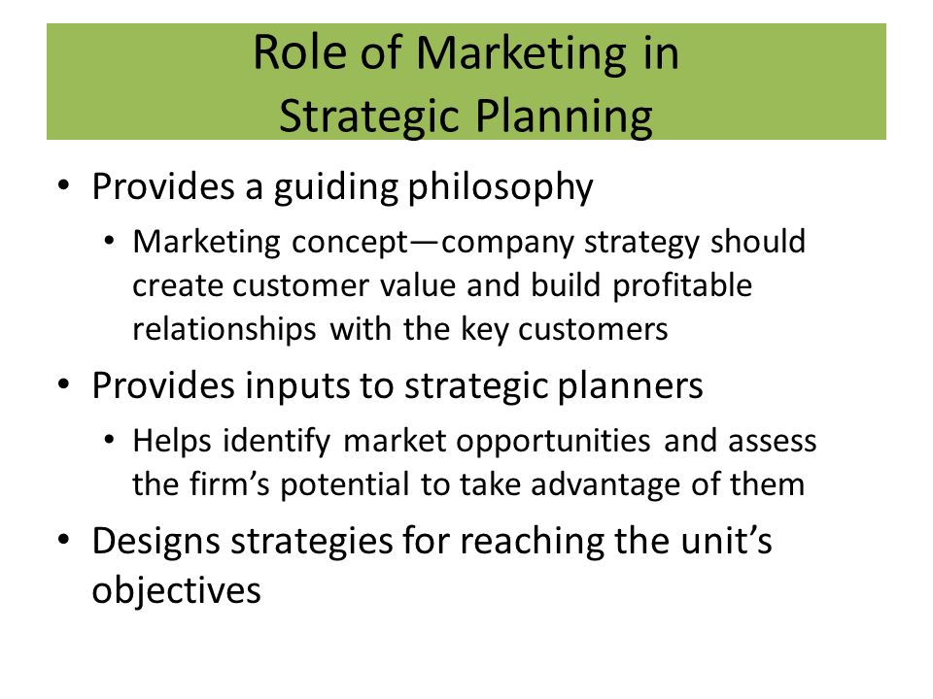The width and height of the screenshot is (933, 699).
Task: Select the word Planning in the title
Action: [x=564, y=116]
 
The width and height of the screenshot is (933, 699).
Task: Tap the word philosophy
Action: [x=501, y=187]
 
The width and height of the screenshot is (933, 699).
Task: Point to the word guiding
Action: [x=336, y=187]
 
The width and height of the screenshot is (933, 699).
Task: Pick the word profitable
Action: [x=682, y=285]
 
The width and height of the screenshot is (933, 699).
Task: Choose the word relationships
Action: [x=225, y=329]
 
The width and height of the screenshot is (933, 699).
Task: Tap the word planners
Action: [x=630, y=386]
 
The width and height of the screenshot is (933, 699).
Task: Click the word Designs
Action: [x=156, y=542]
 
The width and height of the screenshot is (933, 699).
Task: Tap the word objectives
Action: [x=176, y=590]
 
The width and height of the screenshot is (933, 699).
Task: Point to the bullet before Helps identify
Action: [x=109, y=440]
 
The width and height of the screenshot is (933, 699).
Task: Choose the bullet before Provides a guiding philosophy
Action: [x=64, y=184]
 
